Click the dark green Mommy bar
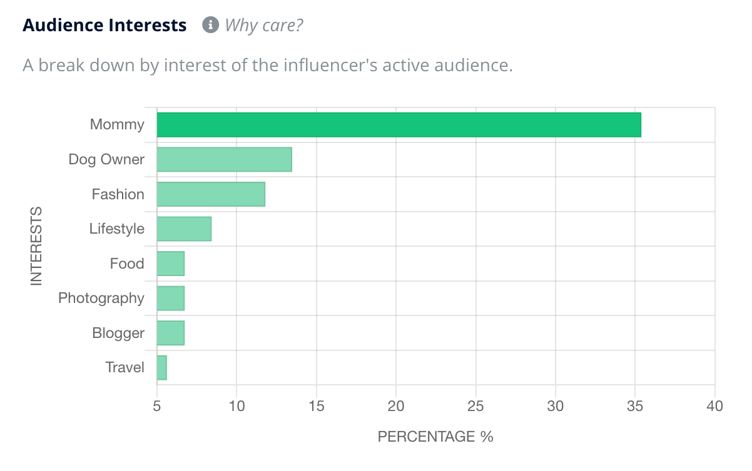399,125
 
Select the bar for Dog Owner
224,159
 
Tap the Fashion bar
211,194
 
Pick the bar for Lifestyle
184,229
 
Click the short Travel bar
161,367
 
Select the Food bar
170,264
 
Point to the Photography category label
101,299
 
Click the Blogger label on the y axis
118,333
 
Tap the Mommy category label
117,124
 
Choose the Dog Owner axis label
106,159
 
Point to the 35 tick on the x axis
635,406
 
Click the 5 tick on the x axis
157,406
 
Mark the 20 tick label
396,406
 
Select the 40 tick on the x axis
714,406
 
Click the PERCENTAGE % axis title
435,437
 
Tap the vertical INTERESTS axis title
36,246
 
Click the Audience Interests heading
104,26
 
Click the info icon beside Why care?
210,26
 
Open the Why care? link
264,26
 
